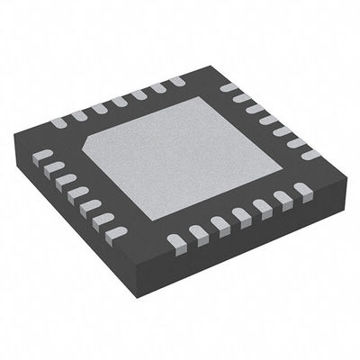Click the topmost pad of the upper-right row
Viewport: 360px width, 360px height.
click(229, 88)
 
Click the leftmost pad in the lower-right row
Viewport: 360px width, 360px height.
click(175, 238)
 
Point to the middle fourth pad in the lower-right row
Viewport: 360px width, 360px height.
click(240, 214)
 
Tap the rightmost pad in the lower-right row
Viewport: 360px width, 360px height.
click(302, 189)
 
